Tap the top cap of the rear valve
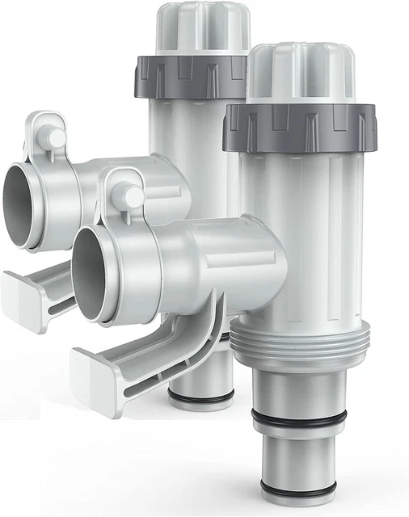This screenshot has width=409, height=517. click(x=202, y=28)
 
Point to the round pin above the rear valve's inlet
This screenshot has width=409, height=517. click(x=56, y=138)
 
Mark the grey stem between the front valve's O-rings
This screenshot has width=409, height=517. click(x=299, y=452)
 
